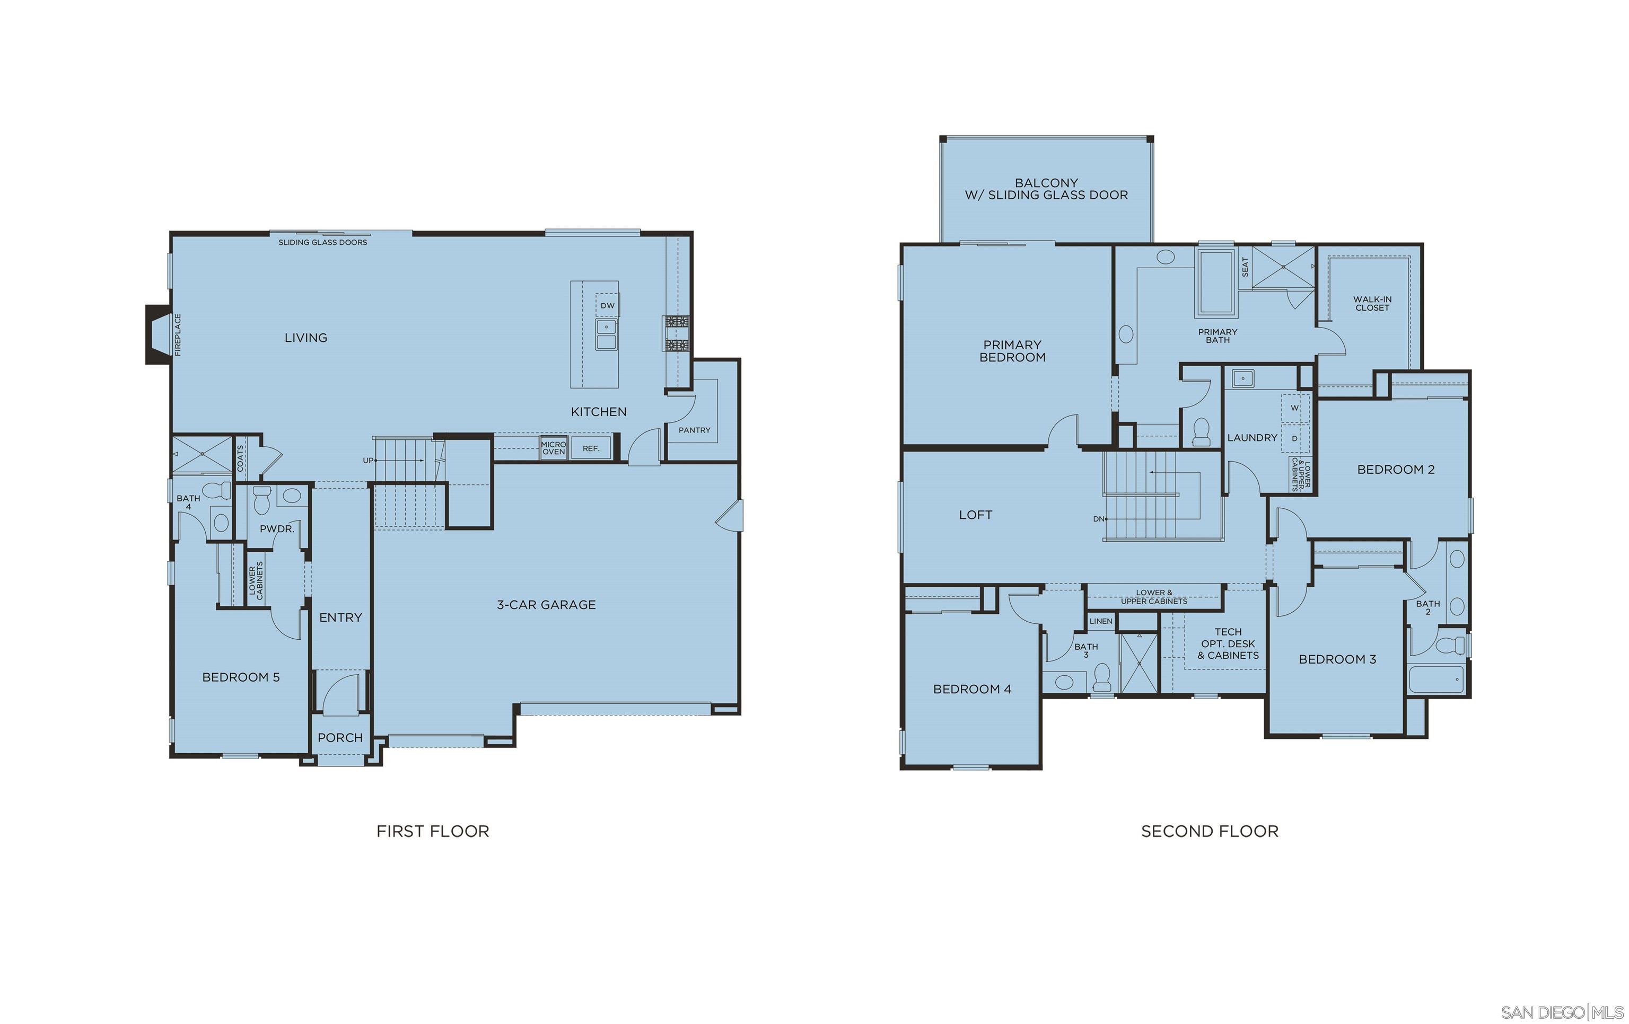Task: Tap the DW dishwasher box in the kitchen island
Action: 608,306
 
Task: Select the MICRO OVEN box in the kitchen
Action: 554,448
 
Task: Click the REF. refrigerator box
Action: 591,448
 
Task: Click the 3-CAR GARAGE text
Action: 546,605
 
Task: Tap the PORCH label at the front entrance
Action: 340,737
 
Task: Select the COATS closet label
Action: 241,458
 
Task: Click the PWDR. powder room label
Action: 277,529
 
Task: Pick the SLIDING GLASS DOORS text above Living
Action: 323,242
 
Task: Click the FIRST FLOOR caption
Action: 433,831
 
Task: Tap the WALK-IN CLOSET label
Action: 1372,304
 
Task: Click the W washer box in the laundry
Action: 1295,408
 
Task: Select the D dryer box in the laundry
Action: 1295,438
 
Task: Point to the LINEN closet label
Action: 1101,621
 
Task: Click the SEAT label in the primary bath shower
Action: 1245,267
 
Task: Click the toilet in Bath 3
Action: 1102,676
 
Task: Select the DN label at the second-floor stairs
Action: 1099,519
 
